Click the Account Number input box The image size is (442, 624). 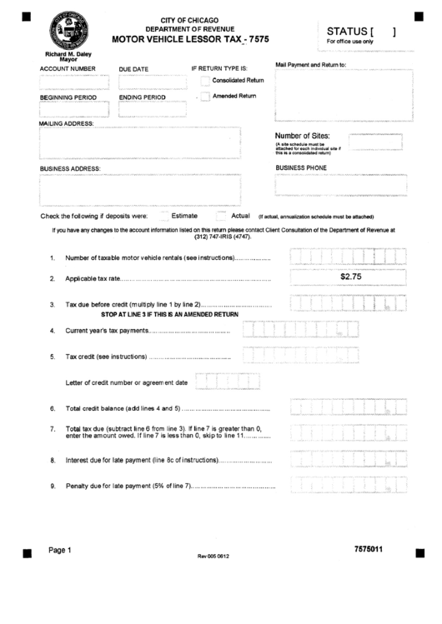[73, 82]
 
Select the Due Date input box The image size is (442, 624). [143, 82]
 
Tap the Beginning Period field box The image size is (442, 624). [73, 109]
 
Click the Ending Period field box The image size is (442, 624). [143, 109]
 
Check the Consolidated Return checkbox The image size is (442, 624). [205, 81]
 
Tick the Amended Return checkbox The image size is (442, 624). [205, 97]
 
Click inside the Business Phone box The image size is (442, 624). [341, 184]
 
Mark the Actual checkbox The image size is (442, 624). [222, 216]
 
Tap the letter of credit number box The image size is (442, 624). [222, 382]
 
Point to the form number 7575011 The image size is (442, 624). [368, 549]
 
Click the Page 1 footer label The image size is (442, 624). [60, 550]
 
